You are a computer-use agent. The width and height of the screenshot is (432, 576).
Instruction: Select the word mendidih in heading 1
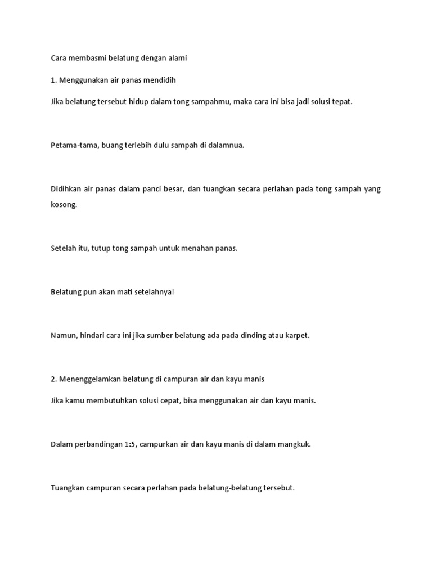pos(160,80)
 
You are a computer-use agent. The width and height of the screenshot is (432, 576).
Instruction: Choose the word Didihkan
pos(66,189)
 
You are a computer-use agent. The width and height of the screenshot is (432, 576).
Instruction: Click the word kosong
pos(64,205)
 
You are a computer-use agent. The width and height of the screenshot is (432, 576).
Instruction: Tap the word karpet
pos(297,336)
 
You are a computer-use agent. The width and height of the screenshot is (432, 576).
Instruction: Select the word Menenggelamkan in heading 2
pos(87,379)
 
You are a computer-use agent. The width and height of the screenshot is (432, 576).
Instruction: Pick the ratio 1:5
pos(125,444)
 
